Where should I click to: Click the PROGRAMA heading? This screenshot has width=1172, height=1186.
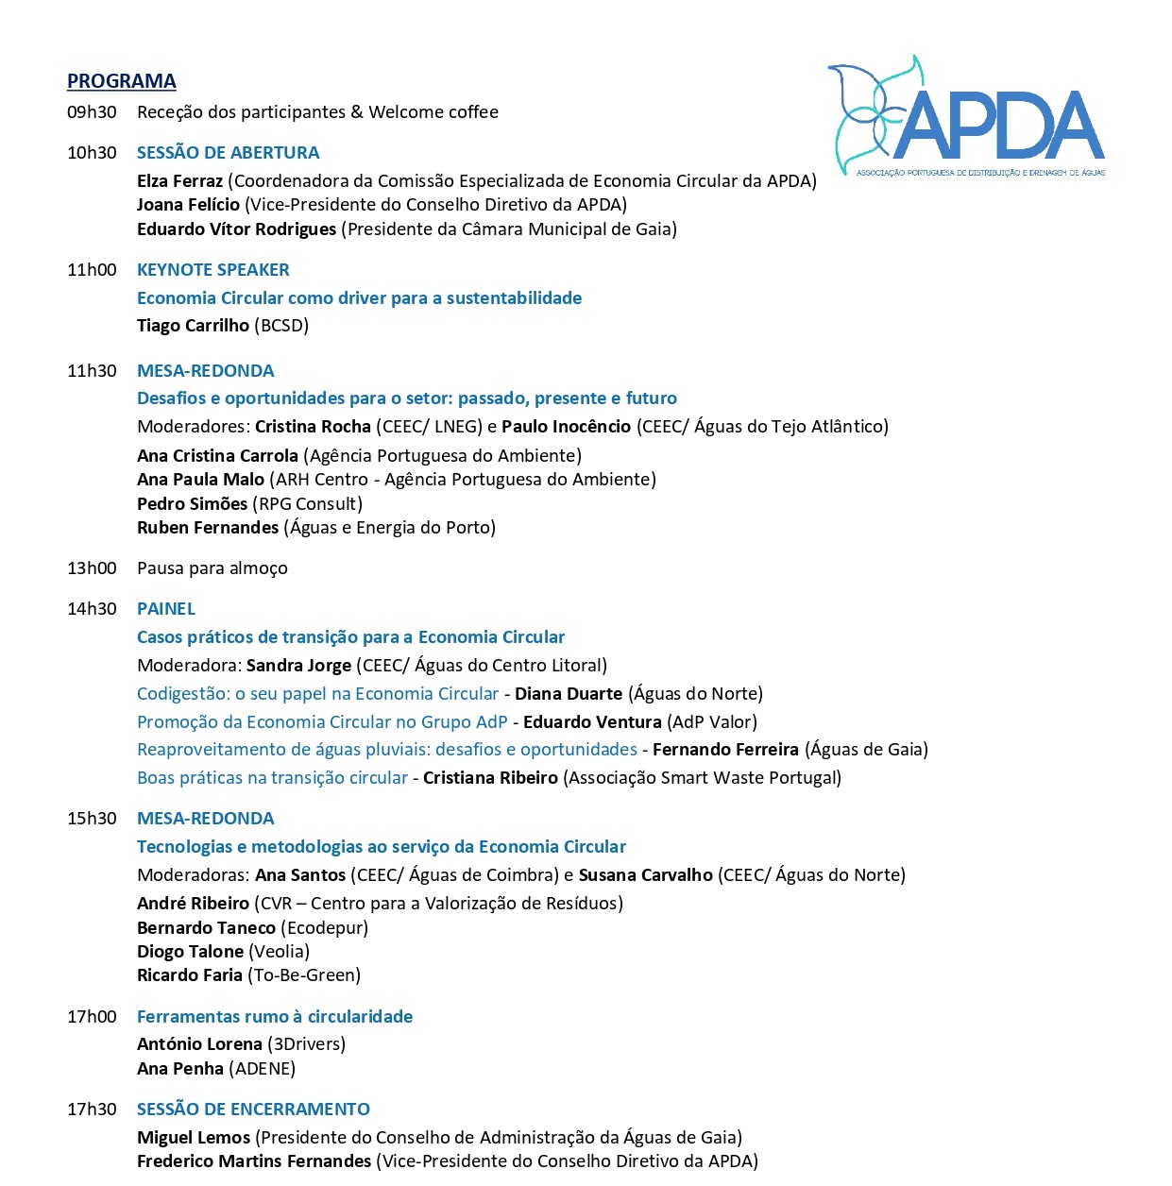[x=121, y=81]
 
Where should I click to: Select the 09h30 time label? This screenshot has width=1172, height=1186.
[x=92, y=112]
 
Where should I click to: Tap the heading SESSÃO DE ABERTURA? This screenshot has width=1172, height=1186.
[x=228, y=153]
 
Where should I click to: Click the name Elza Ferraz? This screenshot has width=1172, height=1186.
[x=179, y=181]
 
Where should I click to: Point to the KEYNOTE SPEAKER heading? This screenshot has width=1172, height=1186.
[x=212, y=270]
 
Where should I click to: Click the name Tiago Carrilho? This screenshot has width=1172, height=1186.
[x=193, y=326]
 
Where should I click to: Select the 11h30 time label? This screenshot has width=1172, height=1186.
[x=92, y=371]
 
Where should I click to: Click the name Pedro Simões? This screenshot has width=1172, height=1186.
[x=192, y=504]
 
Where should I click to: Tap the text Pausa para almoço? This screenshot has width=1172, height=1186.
[x=212, y=568]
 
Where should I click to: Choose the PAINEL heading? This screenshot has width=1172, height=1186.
[x=166, y=609]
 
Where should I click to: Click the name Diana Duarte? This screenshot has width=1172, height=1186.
[x=568, y=694]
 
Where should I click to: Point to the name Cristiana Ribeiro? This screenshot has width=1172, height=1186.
[x=490, y=778]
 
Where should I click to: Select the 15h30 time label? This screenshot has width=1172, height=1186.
[x=92, y=819]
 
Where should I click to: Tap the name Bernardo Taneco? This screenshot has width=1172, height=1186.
[x=206, y=928]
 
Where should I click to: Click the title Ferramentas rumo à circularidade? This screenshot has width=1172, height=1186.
[x=274, y=1017]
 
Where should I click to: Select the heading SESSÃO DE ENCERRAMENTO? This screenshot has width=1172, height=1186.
[x=253, y=1110]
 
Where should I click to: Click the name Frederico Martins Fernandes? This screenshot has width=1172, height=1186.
[x=254, y=1161]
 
